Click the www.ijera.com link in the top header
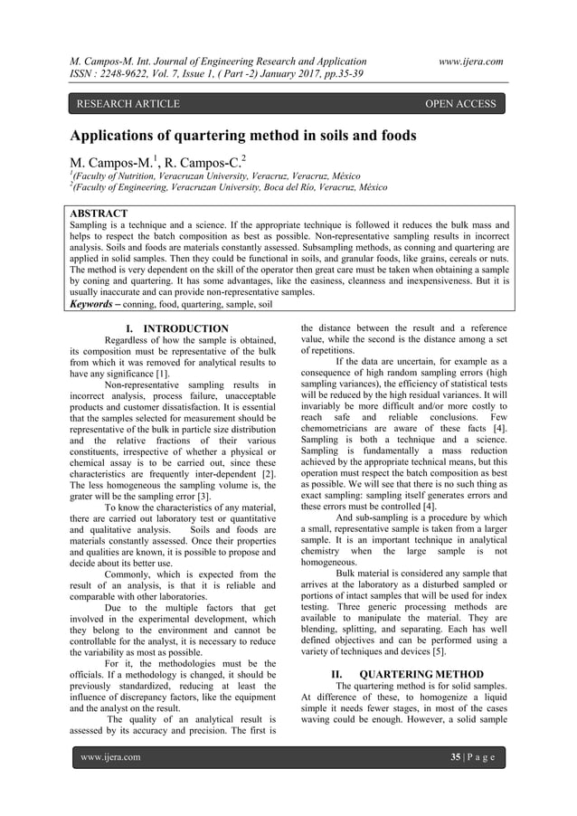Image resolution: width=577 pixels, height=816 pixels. [470, 61]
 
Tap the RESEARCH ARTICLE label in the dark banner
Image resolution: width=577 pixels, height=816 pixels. [127, 104]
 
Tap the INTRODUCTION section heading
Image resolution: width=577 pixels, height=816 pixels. [185, 327]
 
